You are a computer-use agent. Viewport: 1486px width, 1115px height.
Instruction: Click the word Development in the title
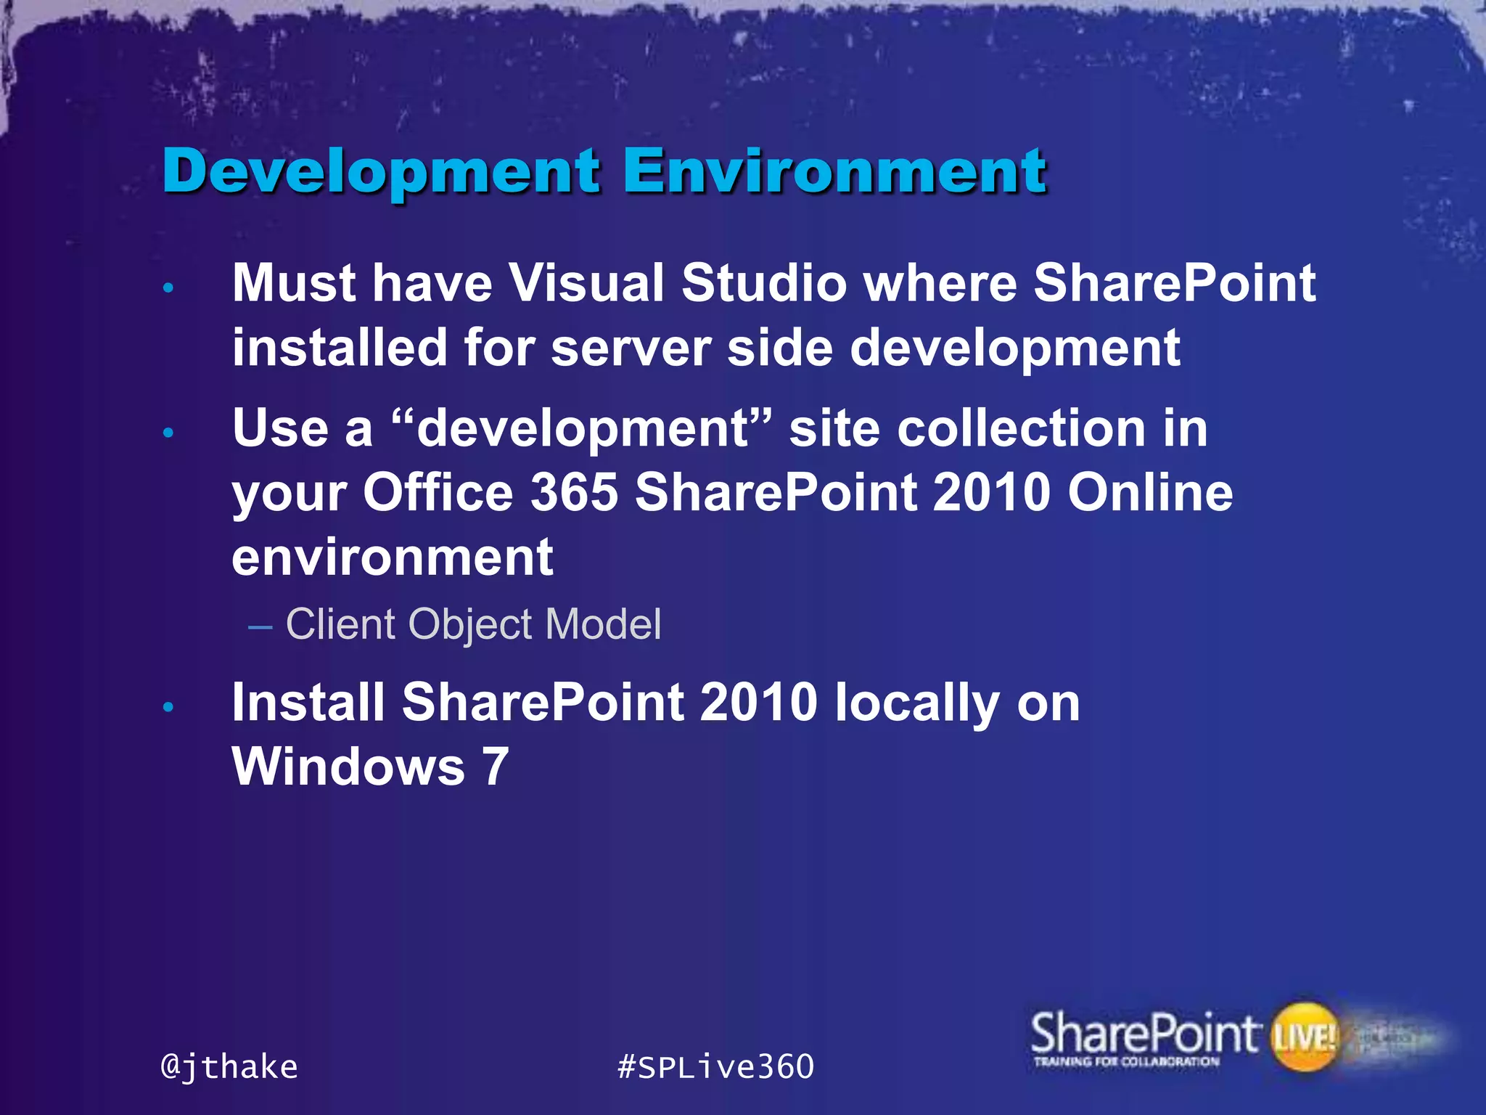pos(381,172)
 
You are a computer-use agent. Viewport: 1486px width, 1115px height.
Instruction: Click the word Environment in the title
pos(834,172)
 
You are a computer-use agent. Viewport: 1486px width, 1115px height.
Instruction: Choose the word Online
pos(1149,493)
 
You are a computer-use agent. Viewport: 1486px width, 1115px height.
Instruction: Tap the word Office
pos(438,493)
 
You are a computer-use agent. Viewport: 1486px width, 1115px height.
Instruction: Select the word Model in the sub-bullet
pos(602,624)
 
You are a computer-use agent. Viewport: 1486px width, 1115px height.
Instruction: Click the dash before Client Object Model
pos(260,626)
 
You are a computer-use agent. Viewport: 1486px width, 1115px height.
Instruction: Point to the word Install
pos(308,703)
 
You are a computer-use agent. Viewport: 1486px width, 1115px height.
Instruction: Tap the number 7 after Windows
pos(496,767)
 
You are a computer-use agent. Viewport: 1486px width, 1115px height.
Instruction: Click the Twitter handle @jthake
pos(229,1067)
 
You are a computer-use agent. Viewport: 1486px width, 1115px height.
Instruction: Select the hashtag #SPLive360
pos(715,1067)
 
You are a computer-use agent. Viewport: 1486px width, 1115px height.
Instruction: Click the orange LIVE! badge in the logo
pos(1304,1037)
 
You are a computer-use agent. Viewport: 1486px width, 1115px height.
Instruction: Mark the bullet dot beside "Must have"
pos(168,288)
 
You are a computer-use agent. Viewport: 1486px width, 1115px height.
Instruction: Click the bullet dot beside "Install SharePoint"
pos(168,707)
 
